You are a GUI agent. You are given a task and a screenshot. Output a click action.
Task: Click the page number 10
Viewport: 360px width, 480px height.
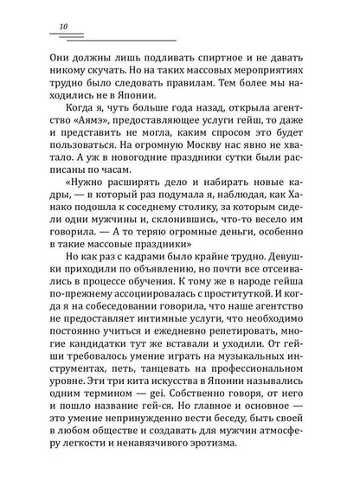click(67, 28)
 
